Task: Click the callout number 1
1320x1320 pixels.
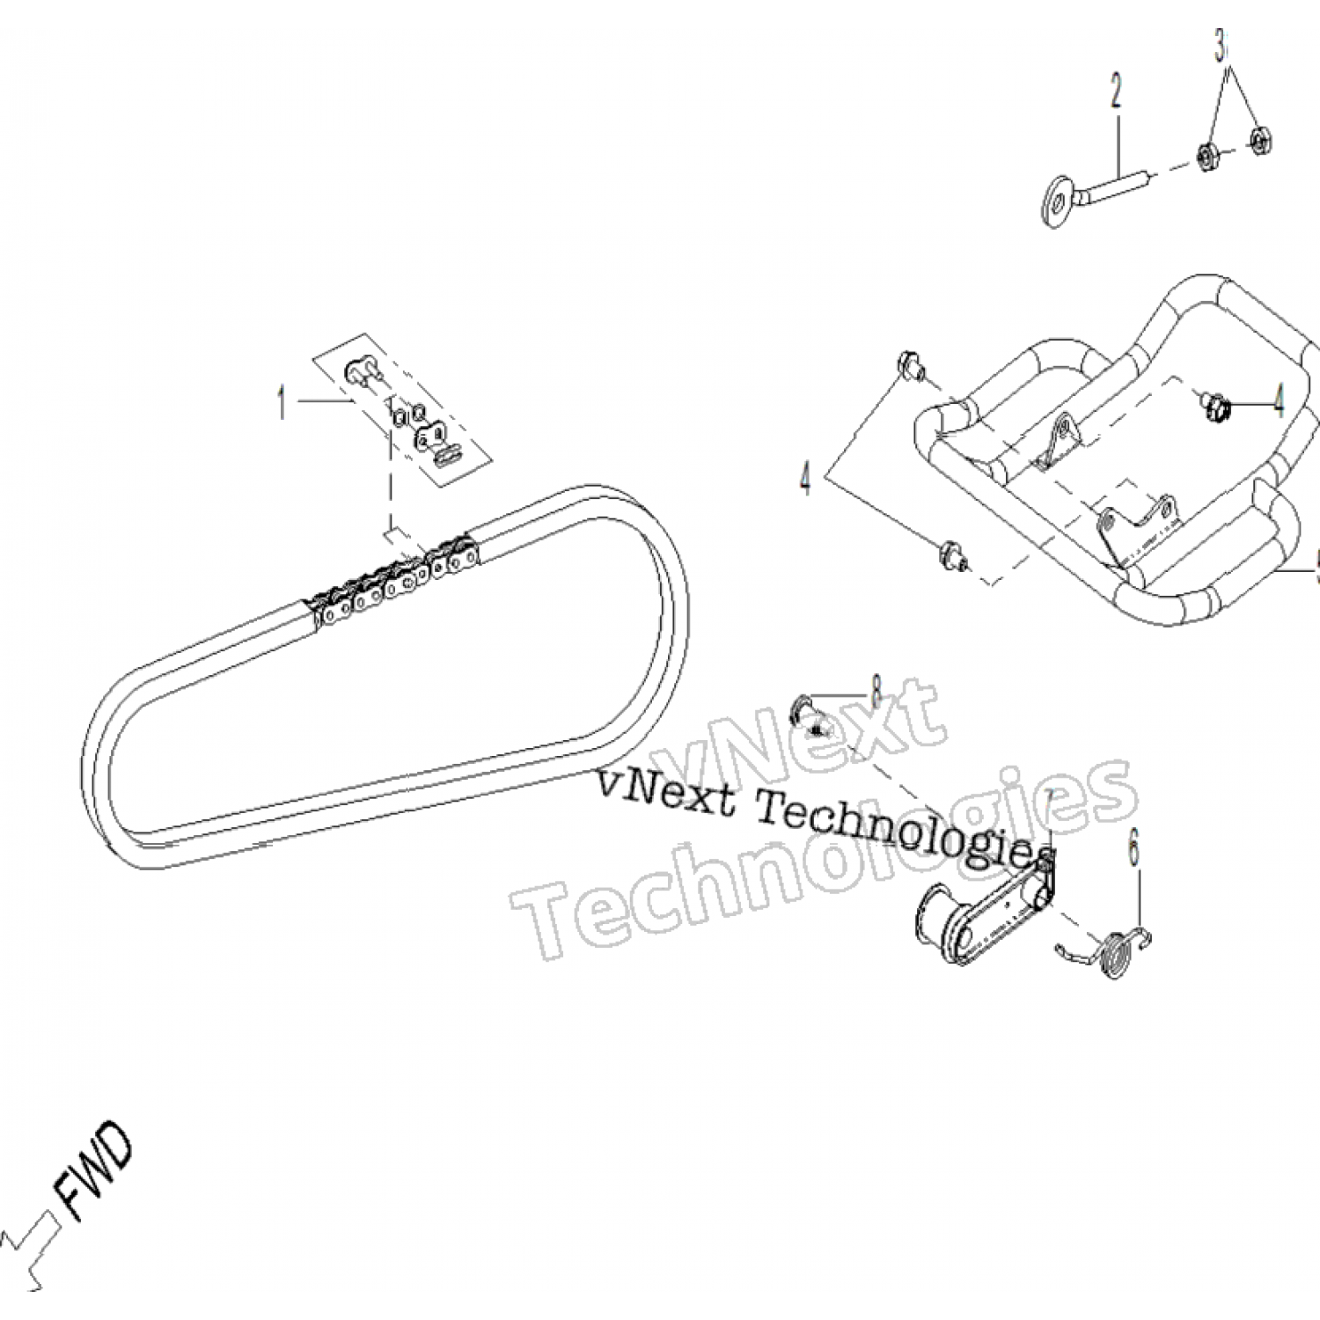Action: tap(282, 403)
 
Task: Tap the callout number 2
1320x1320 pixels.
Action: tap(1116, 92)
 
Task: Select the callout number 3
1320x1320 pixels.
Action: tap(1220, 46)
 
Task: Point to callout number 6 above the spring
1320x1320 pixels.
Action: tap(1133, 852)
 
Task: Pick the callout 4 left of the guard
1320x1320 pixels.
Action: tap(804, 480)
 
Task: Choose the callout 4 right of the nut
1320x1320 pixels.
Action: tap(1278, 403)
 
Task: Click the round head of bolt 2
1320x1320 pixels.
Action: tap(1053, 206)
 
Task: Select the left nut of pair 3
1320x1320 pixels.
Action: tap(1206, 158)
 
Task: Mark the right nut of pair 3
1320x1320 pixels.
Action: tap(1260, 139)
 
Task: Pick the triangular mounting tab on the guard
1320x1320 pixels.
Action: tap(1061, 440)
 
